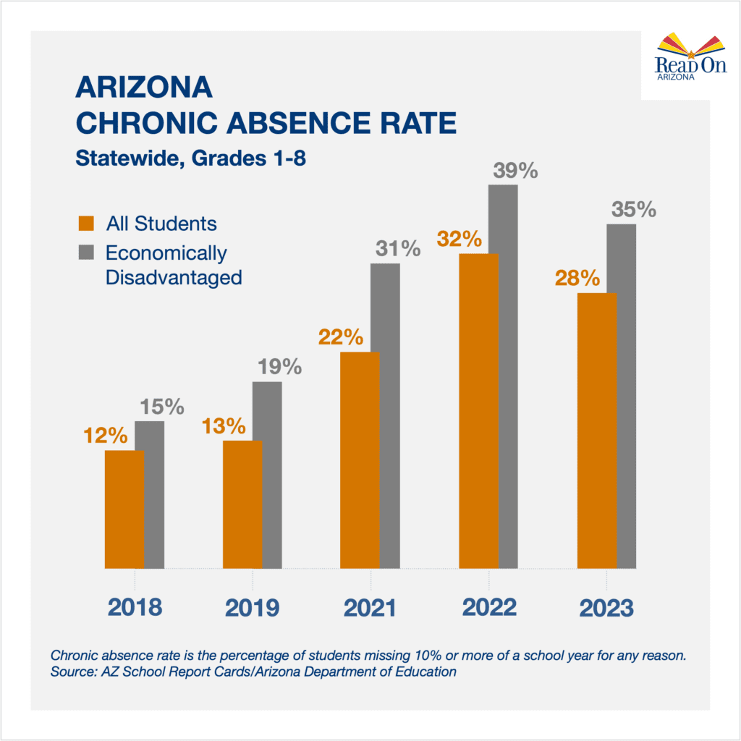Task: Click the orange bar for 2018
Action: click(x=124, y=509)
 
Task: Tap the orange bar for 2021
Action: click(x=360, y=460)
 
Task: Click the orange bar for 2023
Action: click(x=596, y=431)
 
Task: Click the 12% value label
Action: click(x=105, y=436)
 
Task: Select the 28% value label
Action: click(x=577, y=278)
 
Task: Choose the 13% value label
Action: click(x=224, y=426)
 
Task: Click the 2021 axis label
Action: click(x=370, y=608)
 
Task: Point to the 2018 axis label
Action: click(x=135, y=608)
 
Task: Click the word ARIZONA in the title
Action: click(x=144, y=88)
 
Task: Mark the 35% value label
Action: click(x=633, y=210)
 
